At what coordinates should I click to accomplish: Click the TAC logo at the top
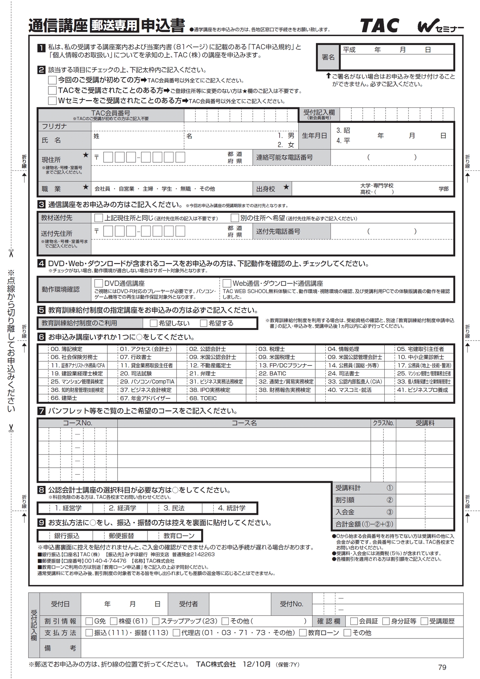click(379, 26)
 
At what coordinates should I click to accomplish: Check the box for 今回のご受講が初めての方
click(52, 80)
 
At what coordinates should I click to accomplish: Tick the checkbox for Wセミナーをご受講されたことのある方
click(52, 100)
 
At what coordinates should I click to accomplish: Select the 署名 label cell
click(328, 57)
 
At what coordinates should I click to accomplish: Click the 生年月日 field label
click(314, 136)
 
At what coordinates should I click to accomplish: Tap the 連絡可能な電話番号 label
click(284, 157)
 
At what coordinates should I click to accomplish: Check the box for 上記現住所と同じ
click(99, 218)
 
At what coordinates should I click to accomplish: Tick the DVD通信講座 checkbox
click(99, 283)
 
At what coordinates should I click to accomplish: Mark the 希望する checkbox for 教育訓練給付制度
click(204, 323)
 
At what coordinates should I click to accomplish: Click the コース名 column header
click(244, 423)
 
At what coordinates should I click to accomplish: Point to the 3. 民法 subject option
click(174, 508)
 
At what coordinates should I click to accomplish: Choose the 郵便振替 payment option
click(121, 536)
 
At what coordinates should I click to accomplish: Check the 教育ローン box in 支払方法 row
click(303, 633)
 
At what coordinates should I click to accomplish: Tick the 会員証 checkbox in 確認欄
click(354, 621)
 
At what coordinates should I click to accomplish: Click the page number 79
click(442, 667)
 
